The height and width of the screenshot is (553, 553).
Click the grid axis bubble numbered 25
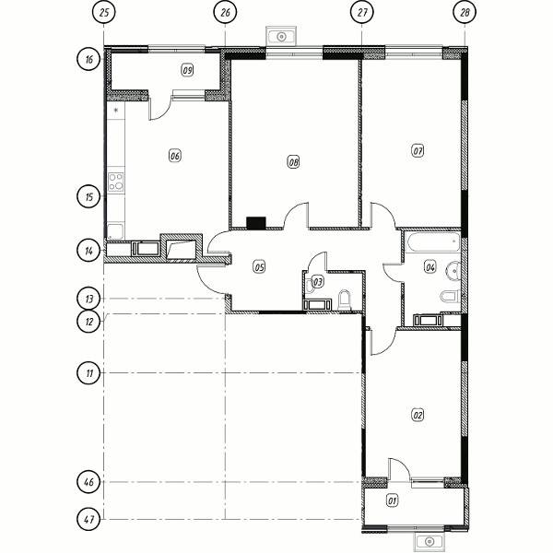103,12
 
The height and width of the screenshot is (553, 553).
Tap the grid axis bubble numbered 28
465,12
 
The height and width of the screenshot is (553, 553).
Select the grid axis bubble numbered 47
88,519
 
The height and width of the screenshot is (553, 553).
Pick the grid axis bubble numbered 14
88,251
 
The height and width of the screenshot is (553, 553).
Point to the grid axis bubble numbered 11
88,372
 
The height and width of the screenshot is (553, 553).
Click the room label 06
175,156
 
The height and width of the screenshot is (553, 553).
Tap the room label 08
293,162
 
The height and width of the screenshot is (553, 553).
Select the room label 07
418,151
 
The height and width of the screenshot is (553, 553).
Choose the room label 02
418,415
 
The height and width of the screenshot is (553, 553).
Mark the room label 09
187,70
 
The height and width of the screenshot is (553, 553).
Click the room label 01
393,500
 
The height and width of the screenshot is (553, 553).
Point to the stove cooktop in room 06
116,182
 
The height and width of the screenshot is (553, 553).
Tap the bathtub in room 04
433,242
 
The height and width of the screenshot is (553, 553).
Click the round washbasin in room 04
453,271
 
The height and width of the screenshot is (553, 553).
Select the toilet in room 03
345,300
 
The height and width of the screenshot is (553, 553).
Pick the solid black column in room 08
256,223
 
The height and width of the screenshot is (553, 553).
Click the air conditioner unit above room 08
281,36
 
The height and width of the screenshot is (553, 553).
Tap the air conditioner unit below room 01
429,541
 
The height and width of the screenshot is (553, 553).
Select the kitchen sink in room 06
116,231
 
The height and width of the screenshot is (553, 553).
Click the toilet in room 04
451,296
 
